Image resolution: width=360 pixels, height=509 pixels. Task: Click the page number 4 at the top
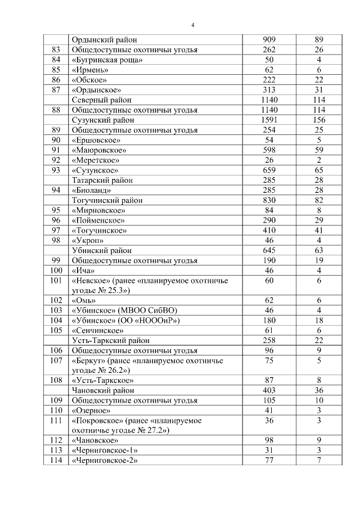click(193, 25)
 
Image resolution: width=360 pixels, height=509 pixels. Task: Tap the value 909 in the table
click(269, 40)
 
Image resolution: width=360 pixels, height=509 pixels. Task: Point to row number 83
click(56, 50)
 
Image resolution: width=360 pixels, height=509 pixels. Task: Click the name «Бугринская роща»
click(107, 60)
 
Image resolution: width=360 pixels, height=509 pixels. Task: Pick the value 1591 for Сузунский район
click(269, 120)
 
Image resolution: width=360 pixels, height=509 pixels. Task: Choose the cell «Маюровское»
click(99, 150)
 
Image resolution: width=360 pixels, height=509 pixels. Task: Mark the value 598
click(269, 150)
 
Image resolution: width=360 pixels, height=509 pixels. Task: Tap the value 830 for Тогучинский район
click(269, 200)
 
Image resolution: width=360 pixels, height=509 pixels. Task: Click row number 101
click(56, 280)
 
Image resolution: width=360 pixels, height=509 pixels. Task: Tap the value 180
click(269, 320)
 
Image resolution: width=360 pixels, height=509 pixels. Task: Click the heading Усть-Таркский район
click(110, 340)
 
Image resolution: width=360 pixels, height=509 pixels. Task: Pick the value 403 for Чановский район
click(269, 390)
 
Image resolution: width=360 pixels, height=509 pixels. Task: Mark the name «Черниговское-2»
click(105, 461)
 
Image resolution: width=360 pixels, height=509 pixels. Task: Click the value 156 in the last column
click(319, 120)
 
